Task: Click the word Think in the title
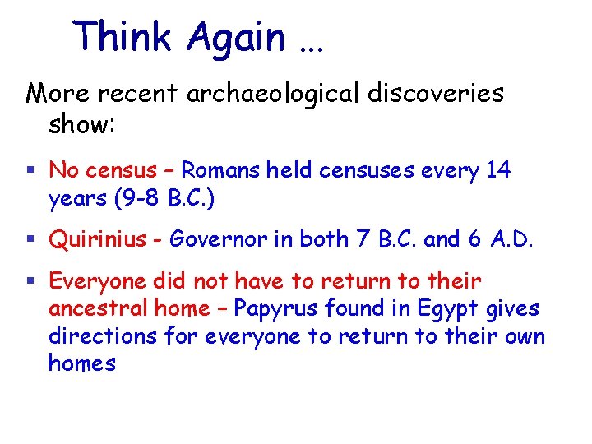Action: coord(123,37)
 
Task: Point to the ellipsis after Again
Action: coord(309,45)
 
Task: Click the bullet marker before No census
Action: coord(30,171)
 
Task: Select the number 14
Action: coord(497,170)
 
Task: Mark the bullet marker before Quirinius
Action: coord(30,239)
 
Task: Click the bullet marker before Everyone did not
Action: coord(30,282)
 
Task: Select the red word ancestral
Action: coord(90,308)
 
